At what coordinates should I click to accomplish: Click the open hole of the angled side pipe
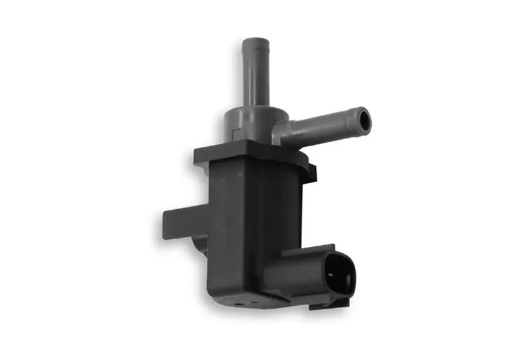[365, 120]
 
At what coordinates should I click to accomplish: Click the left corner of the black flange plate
[195, 154]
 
